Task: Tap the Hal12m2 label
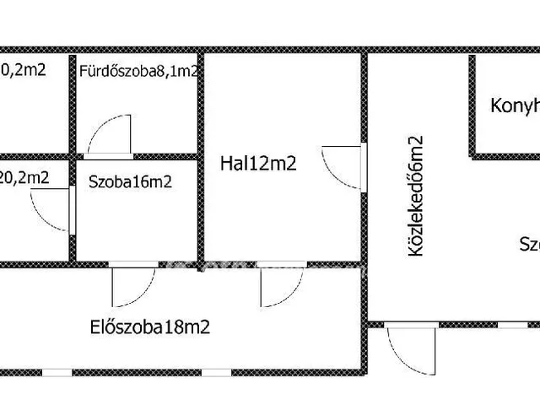tap(258, 164)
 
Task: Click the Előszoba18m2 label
tap(149, 327)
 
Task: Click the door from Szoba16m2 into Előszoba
tap(133, 285)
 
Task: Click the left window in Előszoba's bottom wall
tap(57, 372)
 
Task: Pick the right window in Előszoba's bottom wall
tap(217, 372)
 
